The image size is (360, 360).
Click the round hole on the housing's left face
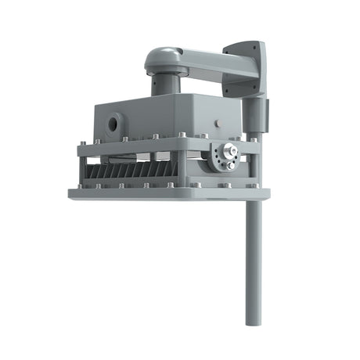click(115, 123)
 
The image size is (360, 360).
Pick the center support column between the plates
click(181, 166)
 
